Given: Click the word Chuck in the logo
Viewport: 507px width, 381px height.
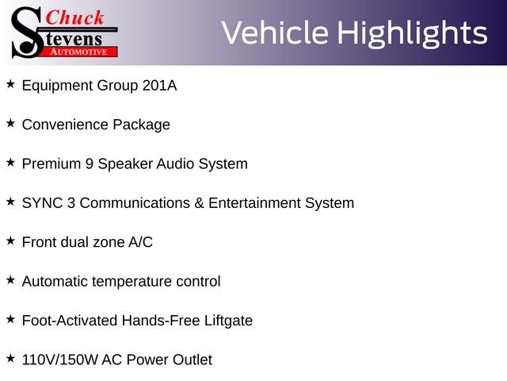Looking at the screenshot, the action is [x=74, y=17].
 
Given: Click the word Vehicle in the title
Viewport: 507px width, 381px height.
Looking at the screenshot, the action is [x=275, y=33].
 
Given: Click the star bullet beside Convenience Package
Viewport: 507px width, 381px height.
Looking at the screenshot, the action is [x=10, y=123].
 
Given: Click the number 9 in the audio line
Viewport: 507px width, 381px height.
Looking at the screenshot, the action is [x=90, y=164].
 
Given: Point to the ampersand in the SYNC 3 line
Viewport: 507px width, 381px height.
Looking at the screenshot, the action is [x=199, y=203].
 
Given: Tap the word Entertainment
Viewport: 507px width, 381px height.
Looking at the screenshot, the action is [x=254, y=203].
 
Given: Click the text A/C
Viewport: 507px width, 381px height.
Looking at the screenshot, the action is [x=140, y=242].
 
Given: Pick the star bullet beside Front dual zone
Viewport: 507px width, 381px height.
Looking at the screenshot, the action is [x=10, y=241].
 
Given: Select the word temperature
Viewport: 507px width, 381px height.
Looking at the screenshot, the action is [x=132, y=282].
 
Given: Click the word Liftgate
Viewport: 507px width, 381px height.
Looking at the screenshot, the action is [x=228, y=321].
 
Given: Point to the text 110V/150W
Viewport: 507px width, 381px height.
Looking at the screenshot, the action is [x=59, y=360].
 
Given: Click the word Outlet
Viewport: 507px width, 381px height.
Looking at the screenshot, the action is [x=193, y=360].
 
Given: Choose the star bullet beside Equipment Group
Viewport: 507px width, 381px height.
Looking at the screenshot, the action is [x=10, y=84].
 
